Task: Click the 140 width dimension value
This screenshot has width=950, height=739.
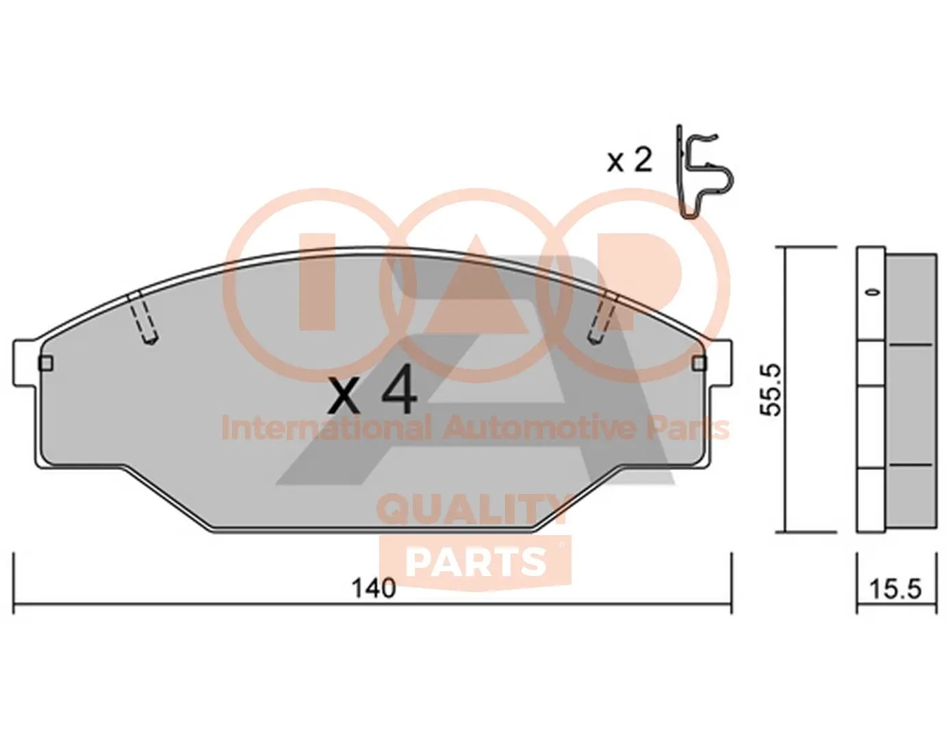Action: click(373, 588)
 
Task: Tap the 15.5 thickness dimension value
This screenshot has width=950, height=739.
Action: click(895, 588)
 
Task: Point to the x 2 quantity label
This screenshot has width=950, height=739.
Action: click(630, 161)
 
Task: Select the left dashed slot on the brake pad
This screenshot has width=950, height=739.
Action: click(142, 316)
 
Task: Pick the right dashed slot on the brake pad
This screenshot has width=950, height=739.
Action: click(602, 316)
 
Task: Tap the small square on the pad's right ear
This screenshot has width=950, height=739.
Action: click(699, 363)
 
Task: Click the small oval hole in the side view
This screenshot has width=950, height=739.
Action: click(871, 292)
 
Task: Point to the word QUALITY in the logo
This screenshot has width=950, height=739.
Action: click(472, 510)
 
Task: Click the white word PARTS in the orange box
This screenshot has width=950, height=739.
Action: click(476, 562)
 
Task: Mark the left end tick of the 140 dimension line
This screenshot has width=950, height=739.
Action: click(14, 582)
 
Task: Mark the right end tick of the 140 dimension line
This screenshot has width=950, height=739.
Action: click(732, 582)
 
